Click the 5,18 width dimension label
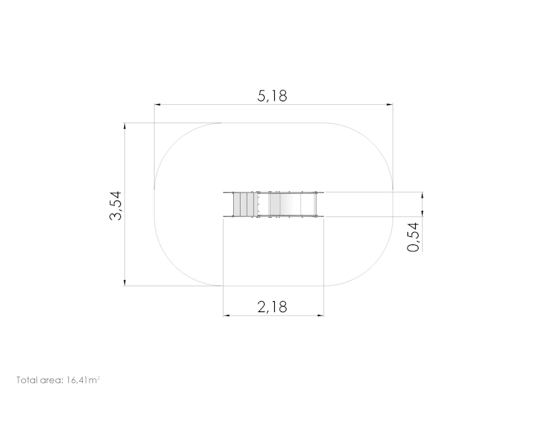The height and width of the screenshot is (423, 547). click(x=272, y=96)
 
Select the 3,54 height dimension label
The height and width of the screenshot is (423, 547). click(x=116, y=205)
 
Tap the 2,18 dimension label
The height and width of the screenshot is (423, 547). click(x=272, y=307)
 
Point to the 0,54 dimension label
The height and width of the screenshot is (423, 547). click(x=414, y=237)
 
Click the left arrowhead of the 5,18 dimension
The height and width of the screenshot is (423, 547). click(x=157, y=104)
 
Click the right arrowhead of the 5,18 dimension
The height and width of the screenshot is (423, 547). click(x=390, y=104)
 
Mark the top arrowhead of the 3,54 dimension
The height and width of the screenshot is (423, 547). click(x=124, y=126)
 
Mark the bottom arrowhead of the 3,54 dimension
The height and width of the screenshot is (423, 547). click(x=124, y=283)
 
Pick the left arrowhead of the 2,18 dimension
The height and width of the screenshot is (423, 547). click(x=226, y=316)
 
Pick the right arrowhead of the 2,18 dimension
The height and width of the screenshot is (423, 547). click(x=320, y=316)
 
